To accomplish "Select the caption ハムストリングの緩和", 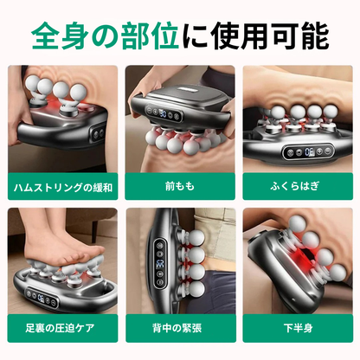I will click(x=60, y=187).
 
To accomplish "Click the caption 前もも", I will click(x=179, y=187).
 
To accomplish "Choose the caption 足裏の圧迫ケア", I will click(x=58, y=329).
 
